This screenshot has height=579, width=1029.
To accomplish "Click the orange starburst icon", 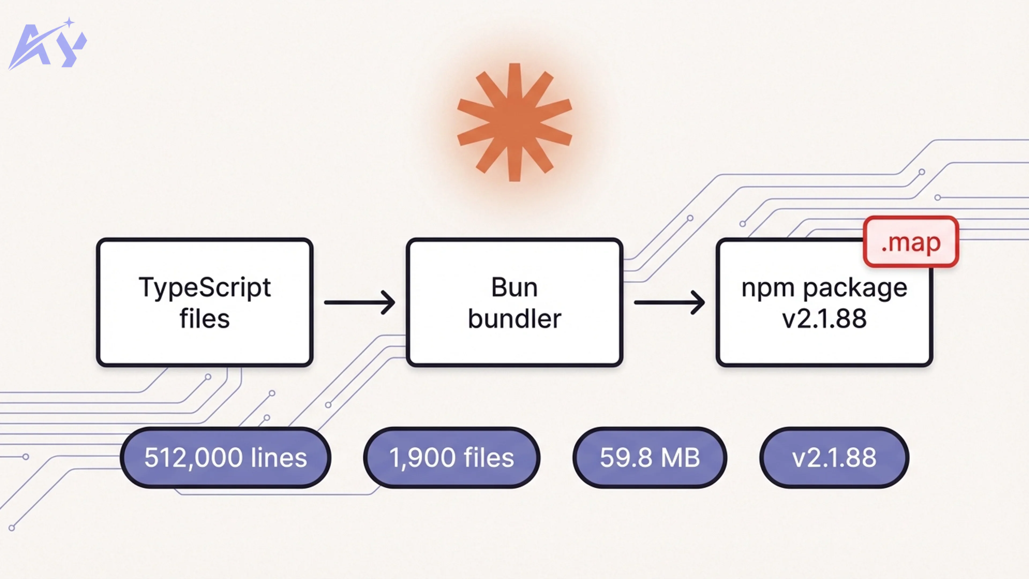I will point(514,122).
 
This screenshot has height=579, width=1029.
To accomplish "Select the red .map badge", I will point(911,242).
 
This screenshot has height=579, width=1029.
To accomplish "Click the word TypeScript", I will point(204,288).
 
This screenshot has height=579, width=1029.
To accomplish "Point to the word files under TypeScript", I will point(204,319).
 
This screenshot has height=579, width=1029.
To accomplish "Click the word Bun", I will point(514,288).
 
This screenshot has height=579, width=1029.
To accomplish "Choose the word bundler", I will point(514,319).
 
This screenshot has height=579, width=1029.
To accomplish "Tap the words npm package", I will point(824,288).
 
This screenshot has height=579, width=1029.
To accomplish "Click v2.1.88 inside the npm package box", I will point(824,319).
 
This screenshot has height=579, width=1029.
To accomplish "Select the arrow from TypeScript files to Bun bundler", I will point(360,302).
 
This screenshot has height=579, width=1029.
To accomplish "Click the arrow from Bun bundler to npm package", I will point(669,302).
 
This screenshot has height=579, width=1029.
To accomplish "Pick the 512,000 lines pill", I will point(225,458).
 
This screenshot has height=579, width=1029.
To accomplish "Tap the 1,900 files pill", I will point(451,458).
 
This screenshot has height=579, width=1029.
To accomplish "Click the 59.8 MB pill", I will point(650,458).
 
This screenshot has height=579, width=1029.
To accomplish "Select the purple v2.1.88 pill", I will point(834,458).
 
